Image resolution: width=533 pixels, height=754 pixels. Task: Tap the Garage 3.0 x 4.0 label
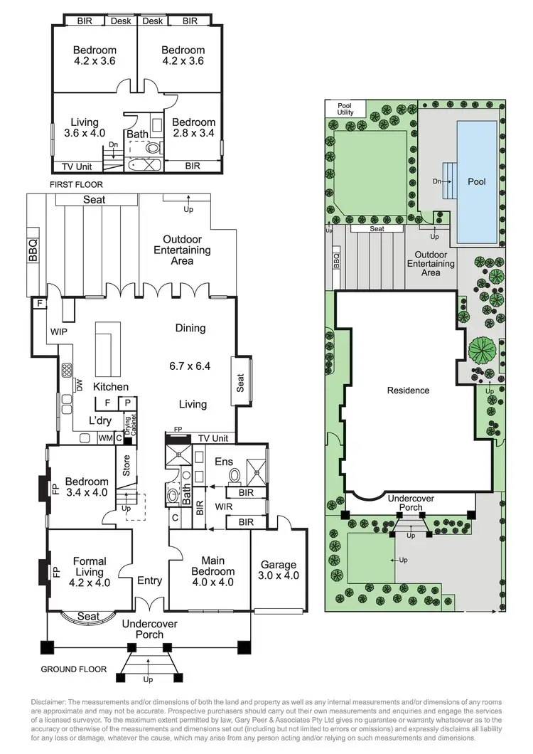click(x=280, y=570)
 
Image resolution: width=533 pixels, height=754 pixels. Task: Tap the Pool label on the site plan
click(x=477, y=181)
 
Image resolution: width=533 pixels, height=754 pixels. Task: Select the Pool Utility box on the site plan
click(x=345, y=109)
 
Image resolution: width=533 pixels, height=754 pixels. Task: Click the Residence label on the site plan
click(x=408, y=390)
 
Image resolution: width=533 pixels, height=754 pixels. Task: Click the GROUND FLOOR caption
click(x=74, y=669)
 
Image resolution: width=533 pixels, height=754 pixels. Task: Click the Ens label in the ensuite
click(x=224, y=462)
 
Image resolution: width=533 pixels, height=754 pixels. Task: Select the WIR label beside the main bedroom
click(x=225, y=507)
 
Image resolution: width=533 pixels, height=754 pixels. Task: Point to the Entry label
click(x=150, y=580)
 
